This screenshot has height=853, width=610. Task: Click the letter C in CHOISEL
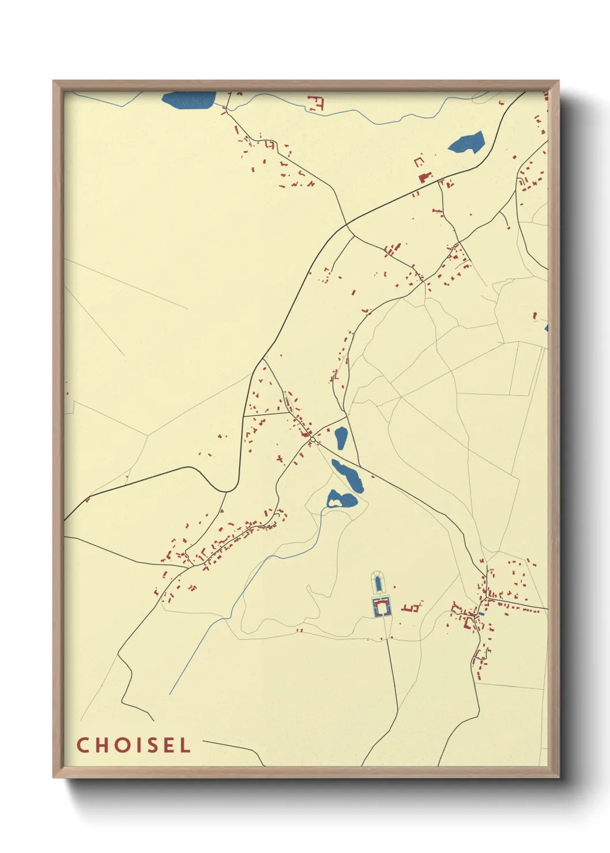coord(82,745)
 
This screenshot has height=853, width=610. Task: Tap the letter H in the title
coord(102,745)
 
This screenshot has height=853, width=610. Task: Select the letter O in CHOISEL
coord(123,745)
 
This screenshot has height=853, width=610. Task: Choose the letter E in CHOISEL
coord(169,745)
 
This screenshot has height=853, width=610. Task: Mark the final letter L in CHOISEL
coord(185,745)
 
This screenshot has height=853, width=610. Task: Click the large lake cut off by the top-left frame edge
coord(189,100)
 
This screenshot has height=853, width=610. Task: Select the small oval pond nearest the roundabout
coord(341,438)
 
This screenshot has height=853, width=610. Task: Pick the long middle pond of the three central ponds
coord(348,475)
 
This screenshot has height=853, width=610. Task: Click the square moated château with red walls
coord(381,607)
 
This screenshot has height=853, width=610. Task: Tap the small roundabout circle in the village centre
coord(312,440)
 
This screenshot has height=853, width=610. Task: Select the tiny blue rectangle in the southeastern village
coord(481,614)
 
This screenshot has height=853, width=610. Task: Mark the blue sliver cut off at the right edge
coord(545,327)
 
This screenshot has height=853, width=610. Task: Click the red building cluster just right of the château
coord(412,607)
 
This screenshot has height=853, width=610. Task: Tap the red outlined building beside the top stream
coord(317,104)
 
